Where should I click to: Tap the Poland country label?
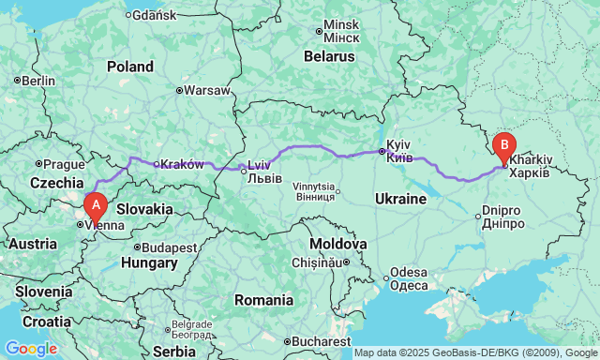point(129,67)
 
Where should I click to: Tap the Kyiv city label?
point(399,151)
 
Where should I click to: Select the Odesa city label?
point(409,278)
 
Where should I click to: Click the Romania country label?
point(263,300)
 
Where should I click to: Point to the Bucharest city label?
point(322,341)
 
